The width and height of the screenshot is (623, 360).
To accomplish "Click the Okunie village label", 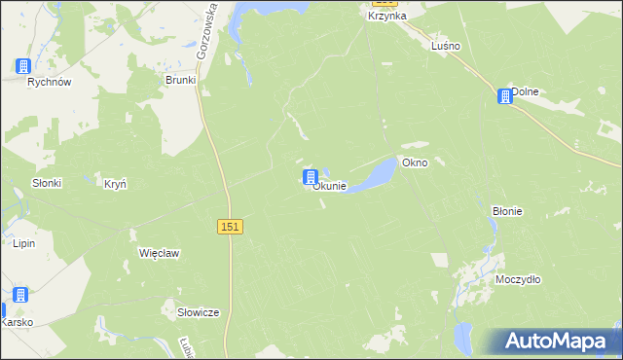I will point(330,186).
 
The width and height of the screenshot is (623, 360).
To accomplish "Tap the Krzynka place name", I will point(386,16).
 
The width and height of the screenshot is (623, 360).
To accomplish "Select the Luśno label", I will point(446,46).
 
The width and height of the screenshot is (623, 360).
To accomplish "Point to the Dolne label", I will point(526,91).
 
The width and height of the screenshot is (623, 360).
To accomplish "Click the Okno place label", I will point(430,162).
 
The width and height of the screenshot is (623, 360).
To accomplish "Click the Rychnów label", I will point(50,83).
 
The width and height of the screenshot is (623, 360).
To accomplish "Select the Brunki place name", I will point(181,80).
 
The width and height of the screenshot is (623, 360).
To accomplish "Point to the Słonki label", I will point(46,183).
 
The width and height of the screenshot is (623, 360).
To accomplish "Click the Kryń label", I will point(116,183).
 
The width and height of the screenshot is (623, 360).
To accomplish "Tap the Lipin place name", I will point(23,243).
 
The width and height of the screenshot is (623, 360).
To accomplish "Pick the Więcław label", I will point(160,252).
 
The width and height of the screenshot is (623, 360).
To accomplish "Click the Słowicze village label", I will point(198,312).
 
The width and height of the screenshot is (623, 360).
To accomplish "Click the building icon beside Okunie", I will point(311,177).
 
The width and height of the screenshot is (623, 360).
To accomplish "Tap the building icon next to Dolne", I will point(504,96).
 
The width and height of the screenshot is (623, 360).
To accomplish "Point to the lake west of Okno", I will point(374,176).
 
